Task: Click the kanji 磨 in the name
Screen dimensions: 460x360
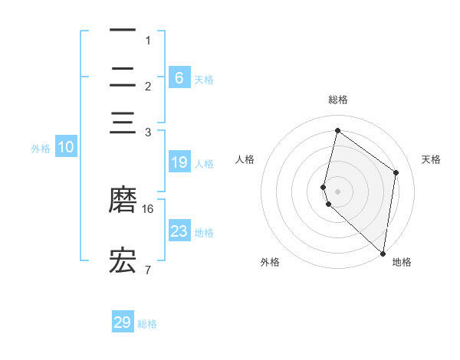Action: tap(123, 199)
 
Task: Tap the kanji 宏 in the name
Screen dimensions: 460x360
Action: tap(123, 260)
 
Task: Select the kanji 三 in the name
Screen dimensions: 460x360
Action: tap(123, 123)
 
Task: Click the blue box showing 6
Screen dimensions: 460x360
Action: tap(179, 78)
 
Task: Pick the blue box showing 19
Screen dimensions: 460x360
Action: tap(179, 162)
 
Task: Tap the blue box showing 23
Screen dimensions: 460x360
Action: tap(179, 231)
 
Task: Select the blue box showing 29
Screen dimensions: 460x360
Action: tap(123, 322)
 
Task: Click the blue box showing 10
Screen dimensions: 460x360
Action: tap(66, 148)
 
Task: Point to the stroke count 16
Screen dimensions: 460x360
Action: tap(148, 208)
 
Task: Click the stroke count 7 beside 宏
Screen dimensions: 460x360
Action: tap(147, 270)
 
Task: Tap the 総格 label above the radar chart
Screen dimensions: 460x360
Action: tap(338, 100)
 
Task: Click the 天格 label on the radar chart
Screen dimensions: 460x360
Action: tap(431, 159)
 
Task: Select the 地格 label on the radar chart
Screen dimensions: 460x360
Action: tap(402, 262)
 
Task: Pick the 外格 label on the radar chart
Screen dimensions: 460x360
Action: tap(270, 262)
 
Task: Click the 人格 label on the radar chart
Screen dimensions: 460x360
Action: tap(245, 159)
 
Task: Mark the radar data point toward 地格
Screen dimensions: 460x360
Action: tap(383, 254)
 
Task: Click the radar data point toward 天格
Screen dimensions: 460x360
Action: tap(396, 172)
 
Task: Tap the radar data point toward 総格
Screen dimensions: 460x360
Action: tap(337, 130)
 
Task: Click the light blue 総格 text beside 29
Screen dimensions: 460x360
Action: tap(147, 324)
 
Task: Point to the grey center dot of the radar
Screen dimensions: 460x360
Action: tap(337, 191)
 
